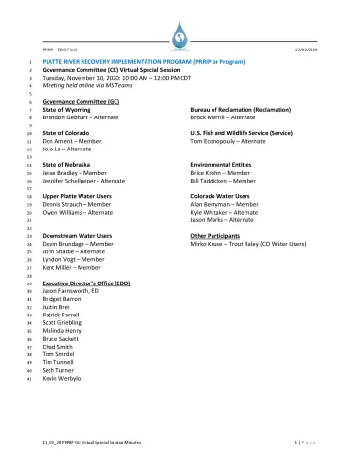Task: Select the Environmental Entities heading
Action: [x=221, y=165]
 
